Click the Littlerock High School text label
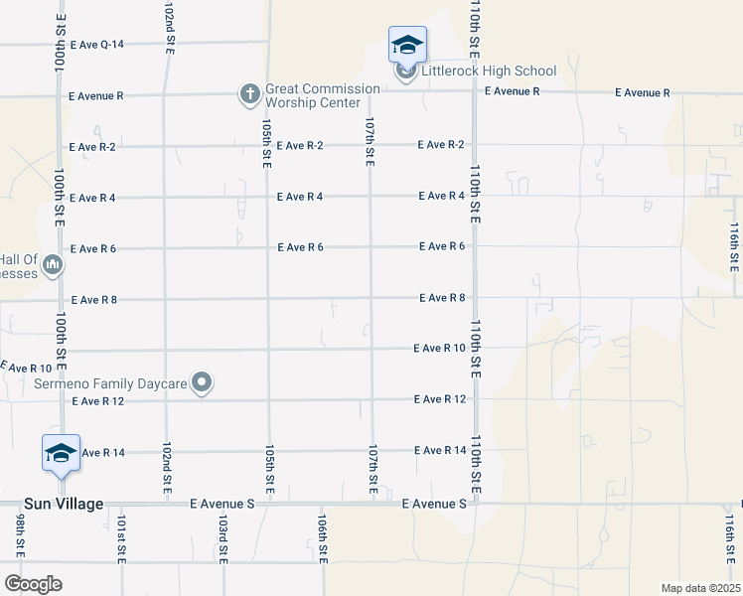click(x=489, y=72)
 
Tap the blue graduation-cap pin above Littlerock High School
click(x=407, y=46)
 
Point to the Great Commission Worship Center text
click(x=323, y=95)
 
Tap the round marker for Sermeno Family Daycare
click(x=203, y=382)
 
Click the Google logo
click(x=33, y=584)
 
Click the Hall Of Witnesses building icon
click(x=53, y=265)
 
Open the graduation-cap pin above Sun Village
click(x=61, y=453)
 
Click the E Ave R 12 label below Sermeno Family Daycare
click(x=98, y=401)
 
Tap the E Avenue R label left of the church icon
click(x=96, y=96)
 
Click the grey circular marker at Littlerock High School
click(x=406, y=72)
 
